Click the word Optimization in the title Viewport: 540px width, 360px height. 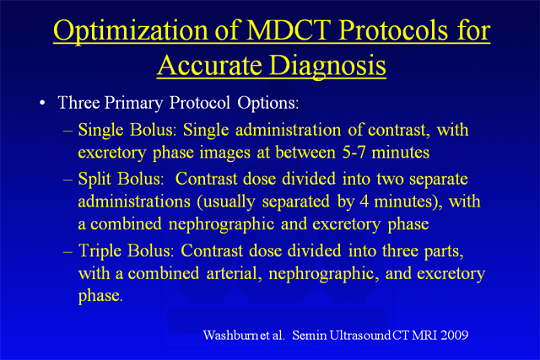pyautogui.click(x=131, y=31)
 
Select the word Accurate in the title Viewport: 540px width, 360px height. pyautogui.click(x=209, y=65)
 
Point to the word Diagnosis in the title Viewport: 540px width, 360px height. pyautogui.click(x=327, y=67)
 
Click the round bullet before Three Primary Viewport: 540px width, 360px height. pyautogui.click(x=42, y=103)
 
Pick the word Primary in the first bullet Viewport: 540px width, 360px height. pyautogui.click(x=133, y=103)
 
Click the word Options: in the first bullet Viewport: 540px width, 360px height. pyautogui.click(x=268, y=103)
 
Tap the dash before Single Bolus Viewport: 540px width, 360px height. pyautogui.click(x=67, y=132)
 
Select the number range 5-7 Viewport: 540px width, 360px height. pyautogui.click(x=354, y=152)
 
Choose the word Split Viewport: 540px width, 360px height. pyautogui.click(x=94, y=179)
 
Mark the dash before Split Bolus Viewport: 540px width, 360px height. pyautogui.click(x=67, y=180)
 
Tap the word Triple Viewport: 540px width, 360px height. pyautogui.click(x=100, y=251)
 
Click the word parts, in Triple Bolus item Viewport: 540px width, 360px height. pyautogui.click(x=444, y=251)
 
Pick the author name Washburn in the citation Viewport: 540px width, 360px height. pyautogui.click(x=230, y=335)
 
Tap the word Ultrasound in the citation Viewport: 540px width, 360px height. pyautogui.click(x=359, y=335)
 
